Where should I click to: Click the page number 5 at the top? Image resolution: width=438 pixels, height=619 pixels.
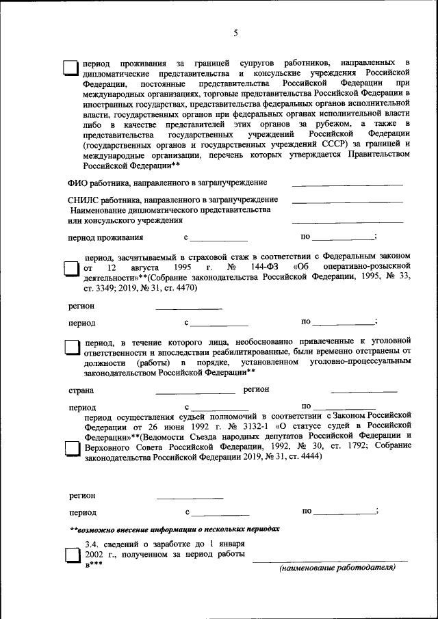tap(235, 33)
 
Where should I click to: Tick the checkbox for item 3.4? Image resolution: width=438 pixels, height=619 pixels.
tap(71, 555)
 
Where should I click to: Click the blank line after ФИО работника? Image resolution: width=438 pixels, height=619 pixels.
tap(347, 185)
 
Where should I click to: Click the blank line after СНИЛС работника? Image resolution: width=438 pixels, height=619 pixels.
tap(347, 201)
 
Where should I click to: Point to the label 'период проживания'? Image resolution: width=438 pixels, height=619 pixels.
tap(105, 238)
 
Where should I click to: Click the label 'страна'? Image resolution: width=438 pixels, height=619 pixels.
tap(81, 391)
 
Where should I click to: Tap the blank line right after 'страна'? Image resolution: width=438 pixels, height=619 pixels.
tap(195, 393)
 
